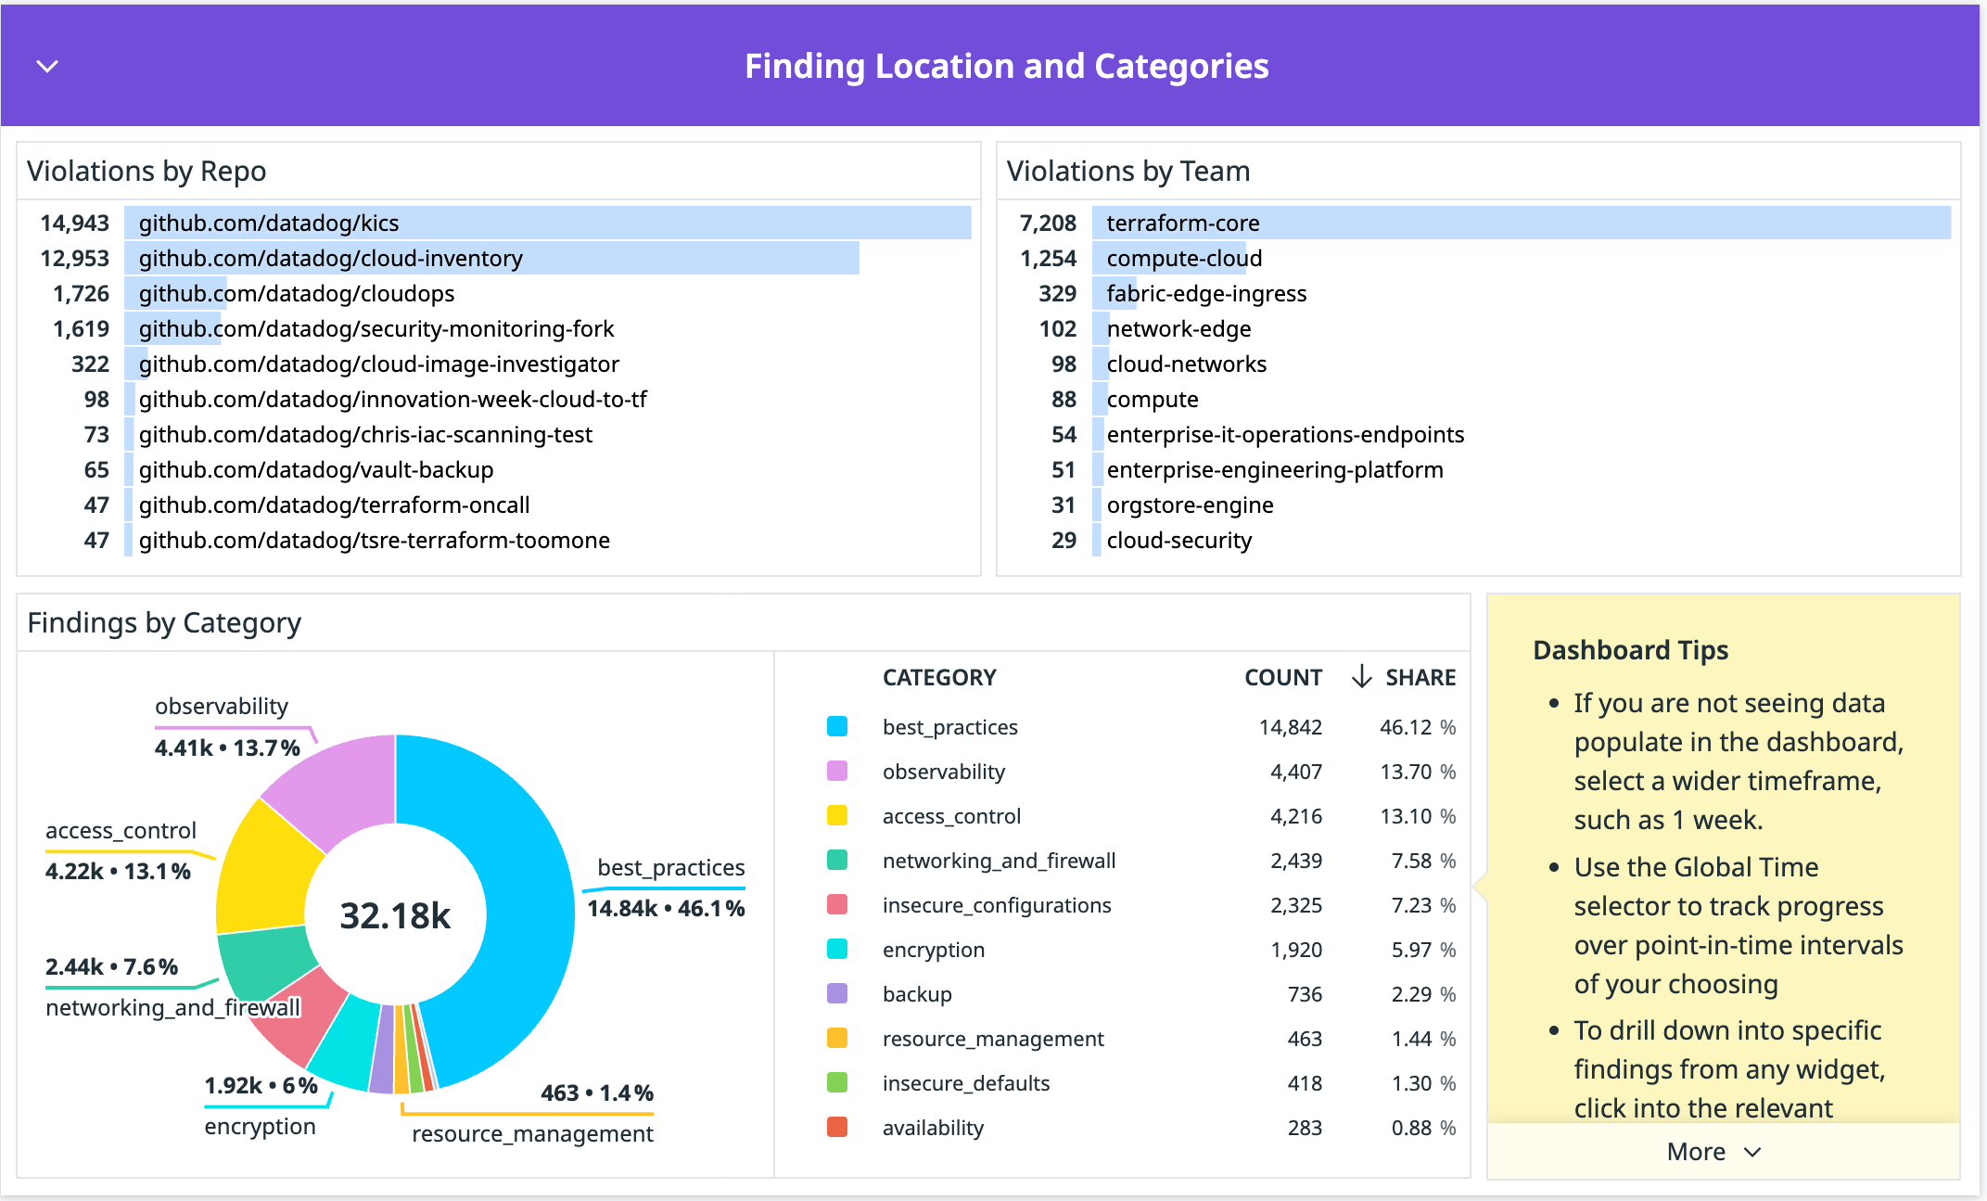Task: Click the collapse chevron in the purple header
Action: pyautogui.click(x=47, y=66)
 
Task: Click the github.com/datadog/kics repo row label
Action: pyautogui.click(x=268, y=224)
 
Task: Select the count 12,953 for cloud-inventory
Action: pyautogui.click(x=74, y=259)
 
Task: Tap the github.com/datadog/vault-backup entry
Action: pyautogui.click(x=315, y=470)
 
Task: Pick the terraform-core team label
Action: pyautogui.click(x=1182, y=224)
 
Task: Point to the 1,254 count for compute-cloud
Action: pyautogui.click(x=1048, y=259)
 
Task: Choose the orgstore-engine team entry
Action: pyautogui.click(x=1190, y=505)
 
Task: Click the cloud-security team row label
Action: pyautogui.click(x=1178, y=541)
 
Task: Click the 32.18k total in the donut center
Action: pyautogui.click(x=395, y=916)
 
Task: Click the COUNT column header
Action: pyautogui.click(x=1282, y=678)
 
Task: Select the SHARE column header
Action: pyautogui.click(x=1420, y=678)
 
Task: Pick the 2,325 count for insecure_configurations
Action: pyautogui.click(x=1295, y=906)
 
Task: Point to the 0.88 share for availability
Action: pyautogui.click(x=1411, y=1129)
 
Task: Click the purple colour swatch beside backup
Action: pyautogui.click(x=837, y=994)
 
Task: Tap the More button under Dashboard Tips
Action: pyautogui.click(x=1712, y=1152)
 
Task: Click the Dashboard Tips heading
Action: pyautogui.click(x=1630, y=650)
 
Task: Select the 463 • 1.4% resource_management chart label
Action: pyautogui.click(x=596, y=1093)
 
